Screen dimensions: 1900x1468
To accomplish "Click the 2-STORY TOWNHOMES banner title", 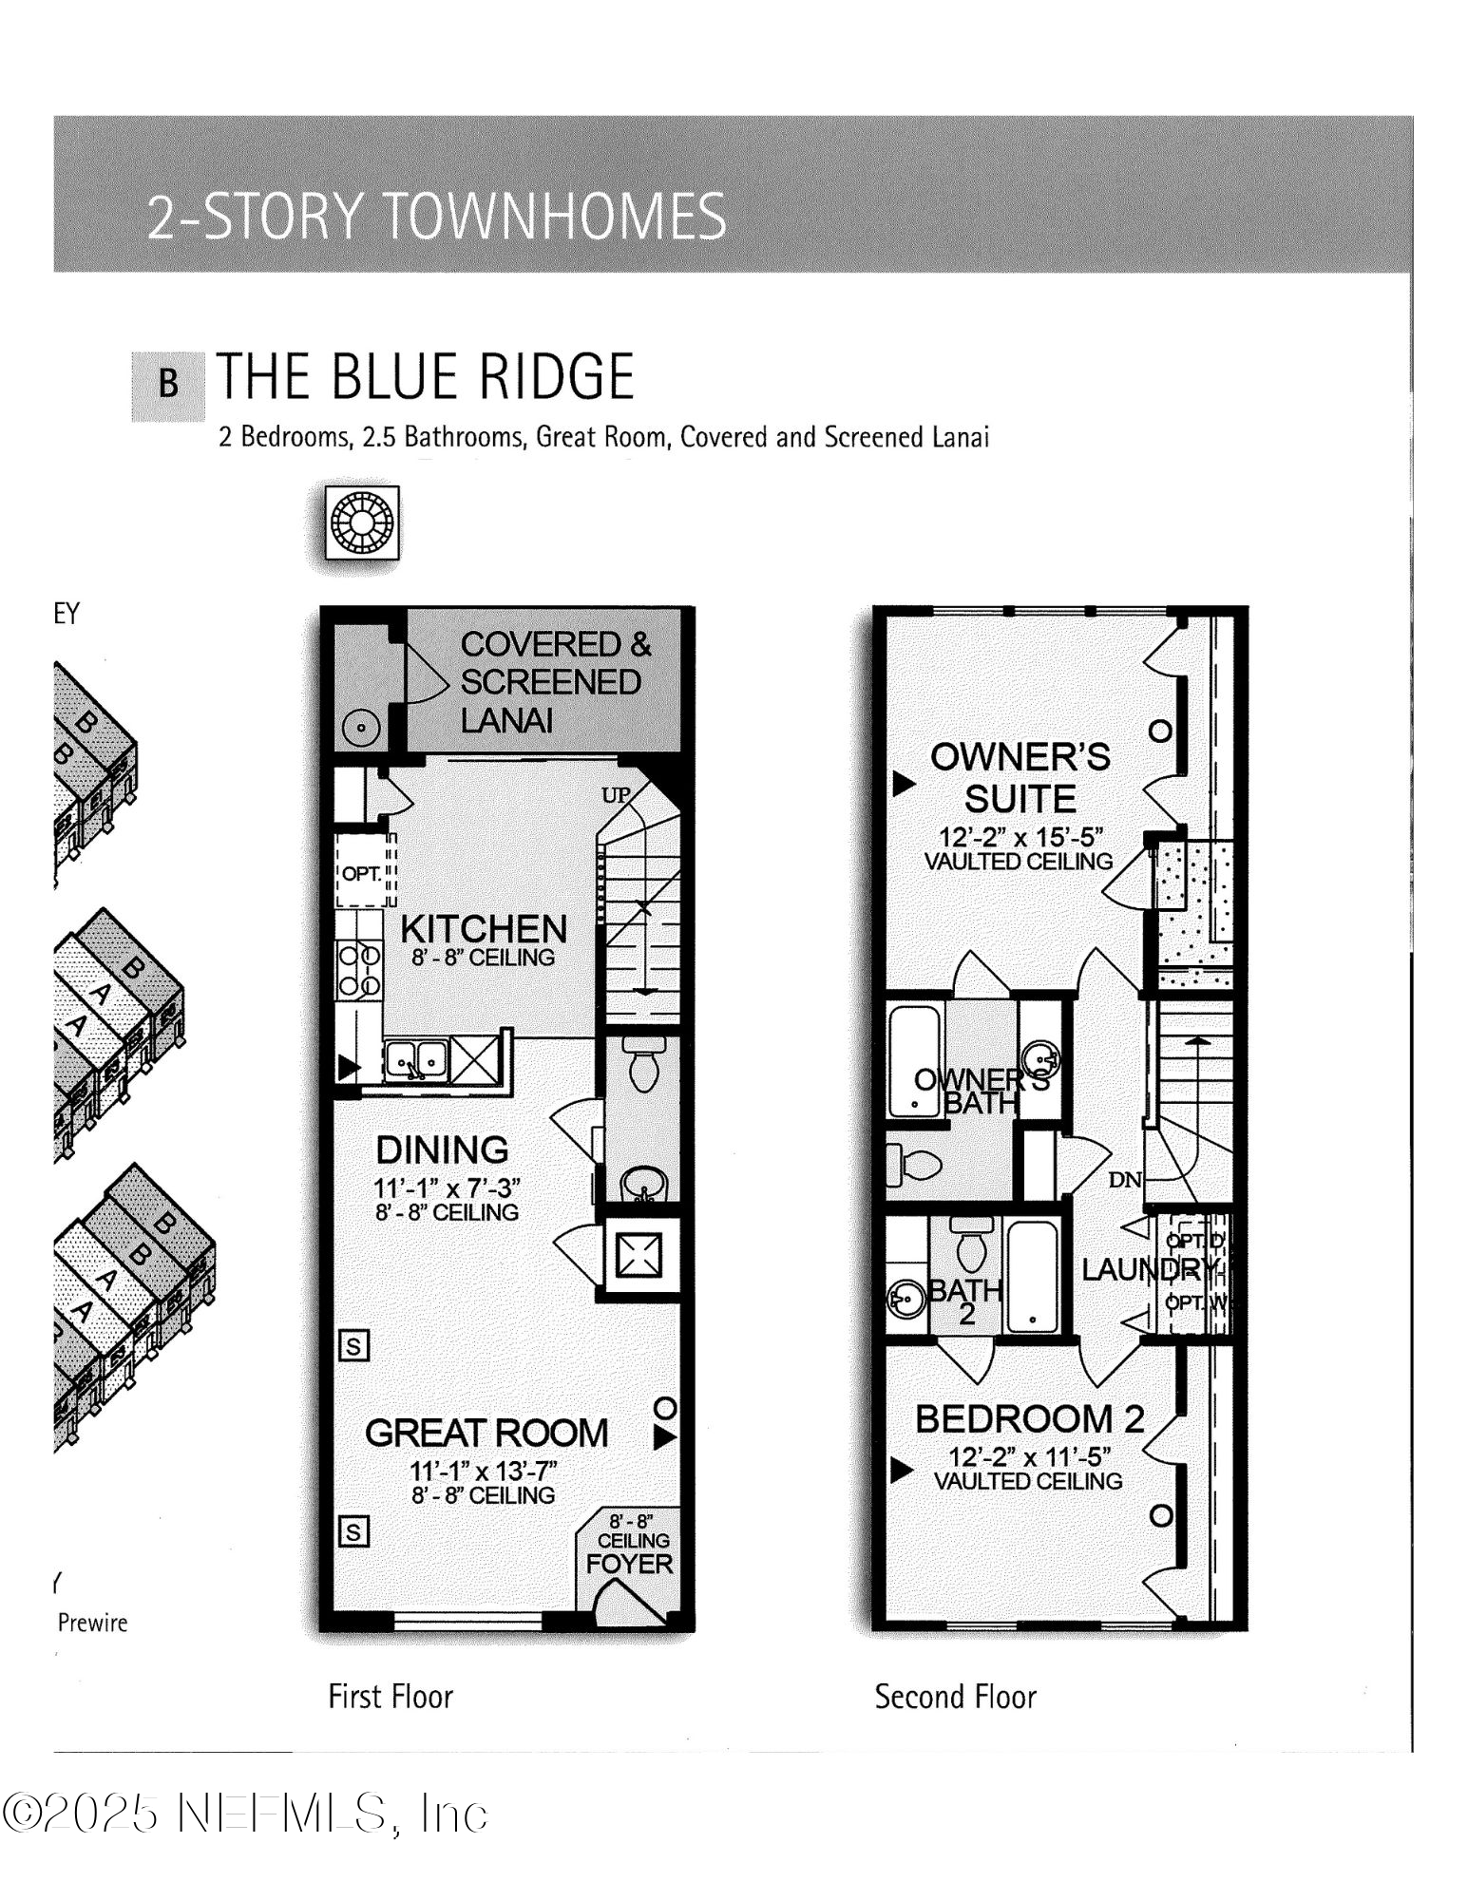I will click(436, 216).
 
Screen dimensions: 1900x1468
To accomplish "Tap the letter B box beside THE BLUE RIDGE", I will click(168, 385).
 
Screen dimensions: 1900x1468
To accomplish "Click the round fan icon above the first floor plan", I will click(361, 523).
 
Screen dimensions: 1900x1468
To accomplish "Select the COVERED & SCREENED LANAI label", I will click(554, 682).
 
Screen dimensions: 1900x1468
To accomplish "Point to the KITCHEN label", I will click(484, 929).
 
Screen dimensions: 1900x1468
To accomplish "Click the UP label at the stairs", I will click(616, 795).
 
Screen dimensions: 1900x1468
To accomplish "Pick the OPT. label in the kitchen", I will click(361, 873).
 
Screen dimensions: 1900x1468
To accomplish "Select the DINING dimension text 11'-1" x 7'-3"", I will click(447, 1187).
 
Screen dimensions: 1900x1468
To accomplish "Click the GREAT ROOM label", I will click(486, 1433).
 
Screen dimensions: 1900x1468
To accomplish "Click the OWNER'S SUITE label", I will click(1020, 778).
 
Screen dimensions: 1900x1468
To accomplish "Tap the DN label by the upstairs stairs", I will click(1125, 1180).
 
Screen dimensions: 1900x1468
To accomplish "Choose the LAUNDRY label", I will click(1148, 1269).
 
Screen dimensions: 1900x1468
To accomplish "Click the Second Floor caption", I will click(955, 1696).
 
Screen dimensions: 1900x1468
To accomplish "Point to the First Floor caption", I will click(391, 1696).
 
